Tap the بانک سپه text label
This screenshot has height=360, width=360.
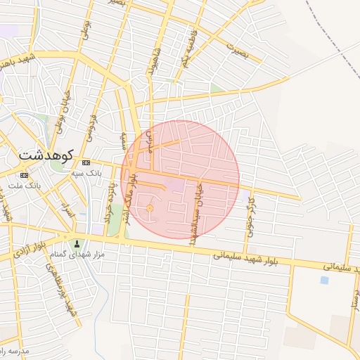pyautogui.click(x=88, y=172)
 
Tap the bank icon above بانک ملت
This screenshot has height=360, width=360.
pyautogui.click(x=25, y=175)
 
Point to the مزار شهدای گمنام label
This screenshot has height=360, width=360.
pyautogui.click(x=82, y=254)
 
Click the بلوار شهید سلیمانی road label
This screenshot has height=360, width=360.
pyautogui.click(x=248, y=255)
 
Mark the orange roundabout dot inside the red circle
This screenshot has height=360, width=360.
pyautogui.click(x=150, y=209)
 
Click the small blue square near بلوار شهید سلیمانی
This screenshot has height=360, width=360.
pyautogui.click(x=323, y=280)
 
